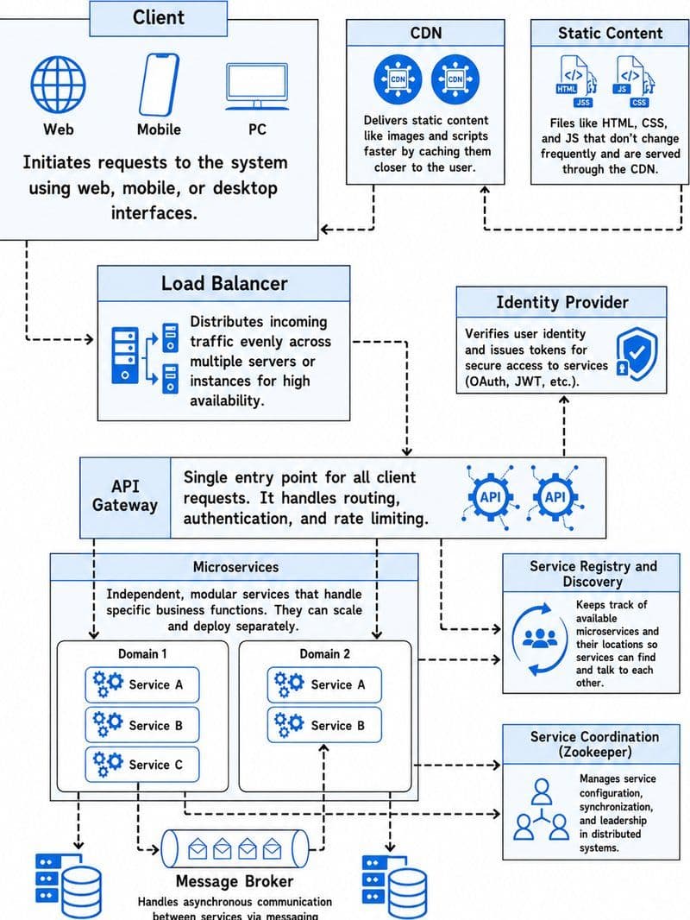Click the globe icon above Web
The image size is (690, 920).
pyautogui.click(x=58, y=85)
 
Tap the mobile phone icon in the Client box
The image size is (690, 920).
pyautogui.click(x=159, y=85)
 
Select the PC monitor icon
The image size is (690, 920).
pyautogui.click(x=257, y=86)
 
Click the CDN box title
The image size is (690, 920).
pyautogui.click(x=425, y=33)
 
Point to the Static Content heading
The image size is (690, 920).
pyautogui.click(x=610, y=33)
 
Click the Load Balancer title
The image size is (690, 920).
pyautogui.click(x=224, y=283)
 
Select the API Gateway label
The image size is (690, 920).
pyautogui.click(x=125, y=495)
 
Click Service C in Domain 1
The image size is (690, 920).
pyautogui.click(x=141, y=765)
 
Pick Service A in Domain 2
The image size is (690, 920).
pyautogui.click(x=324, y=684)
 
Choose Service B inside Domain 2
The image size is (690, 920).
pyautogui.click(x=324, y=725)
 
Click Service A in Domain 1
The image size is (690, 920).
pyautogui.click(x=141, y=684)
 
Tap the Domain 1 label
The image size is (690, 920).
pyautogui.click(x=142, y=653)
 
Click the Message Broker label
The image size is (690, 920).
pyautogui.click(x=235, y=880)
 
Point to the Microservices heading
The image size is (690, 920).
pyautogui.click(x=235, y=567)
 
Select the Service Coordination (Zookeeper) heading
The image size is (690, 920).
pyautogui.click(x=594, y=744)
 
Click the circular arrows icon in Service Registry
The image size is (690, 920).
pyautogui.click(x=539, y=639)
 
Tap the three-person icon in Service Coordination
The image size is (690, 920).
pyautogui.click(x=541, y=809)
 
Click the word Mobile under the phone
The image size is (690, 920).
pyautogui.click(x=159, y=129)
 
